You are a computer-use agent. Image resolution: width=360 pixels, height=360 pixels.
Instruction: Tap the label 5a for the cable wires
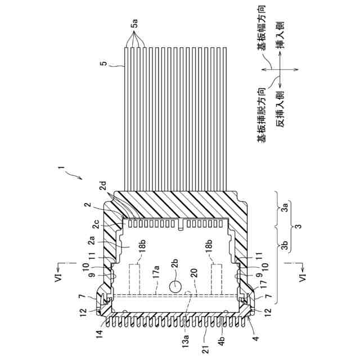(135, 25)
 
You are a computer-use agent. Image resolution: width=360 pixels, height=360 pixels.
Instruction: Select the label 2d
(119, 184)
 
